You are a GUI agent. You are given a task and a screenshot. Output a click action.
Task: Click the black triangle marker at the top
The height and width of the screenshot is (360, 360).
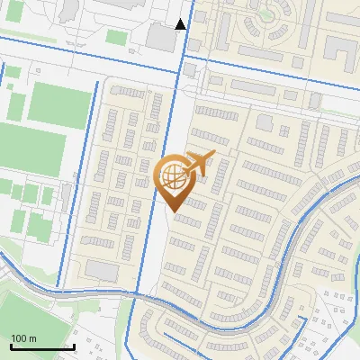(x=181, y=24)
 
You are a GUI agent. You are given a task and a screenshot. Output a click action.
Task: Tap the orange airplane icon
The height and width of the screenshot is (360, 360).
(x=197, y=164)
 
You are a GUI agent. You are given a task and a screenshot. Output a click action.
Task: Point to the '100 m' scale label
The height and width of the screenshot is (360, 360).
(x=23, y=338)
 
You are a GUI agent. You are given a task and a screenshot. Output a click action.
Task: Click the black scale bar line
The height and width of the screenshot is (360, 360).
(x=41, y=346)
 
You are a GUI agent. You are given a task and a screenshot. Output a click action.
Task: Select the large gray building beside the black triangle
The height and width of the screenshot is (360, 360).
(x=162, y=38)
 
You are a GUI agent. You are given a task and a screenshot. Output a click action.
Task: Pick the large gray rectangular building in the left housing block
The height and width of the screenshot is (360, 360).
(x=102, y=271)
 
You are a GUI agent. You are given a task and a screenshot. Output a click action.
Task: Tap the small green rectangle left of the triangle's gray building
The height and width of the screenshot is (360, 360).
(x=117, y=37)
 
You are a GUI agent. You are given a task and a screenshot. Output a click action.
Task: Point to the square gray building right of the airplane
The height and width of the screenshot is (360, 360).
(x=265, y=122)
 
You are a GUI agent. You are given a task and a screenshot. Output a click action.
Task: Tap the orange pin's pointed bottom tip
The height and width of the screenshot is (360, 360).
(x=172, y=211)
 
